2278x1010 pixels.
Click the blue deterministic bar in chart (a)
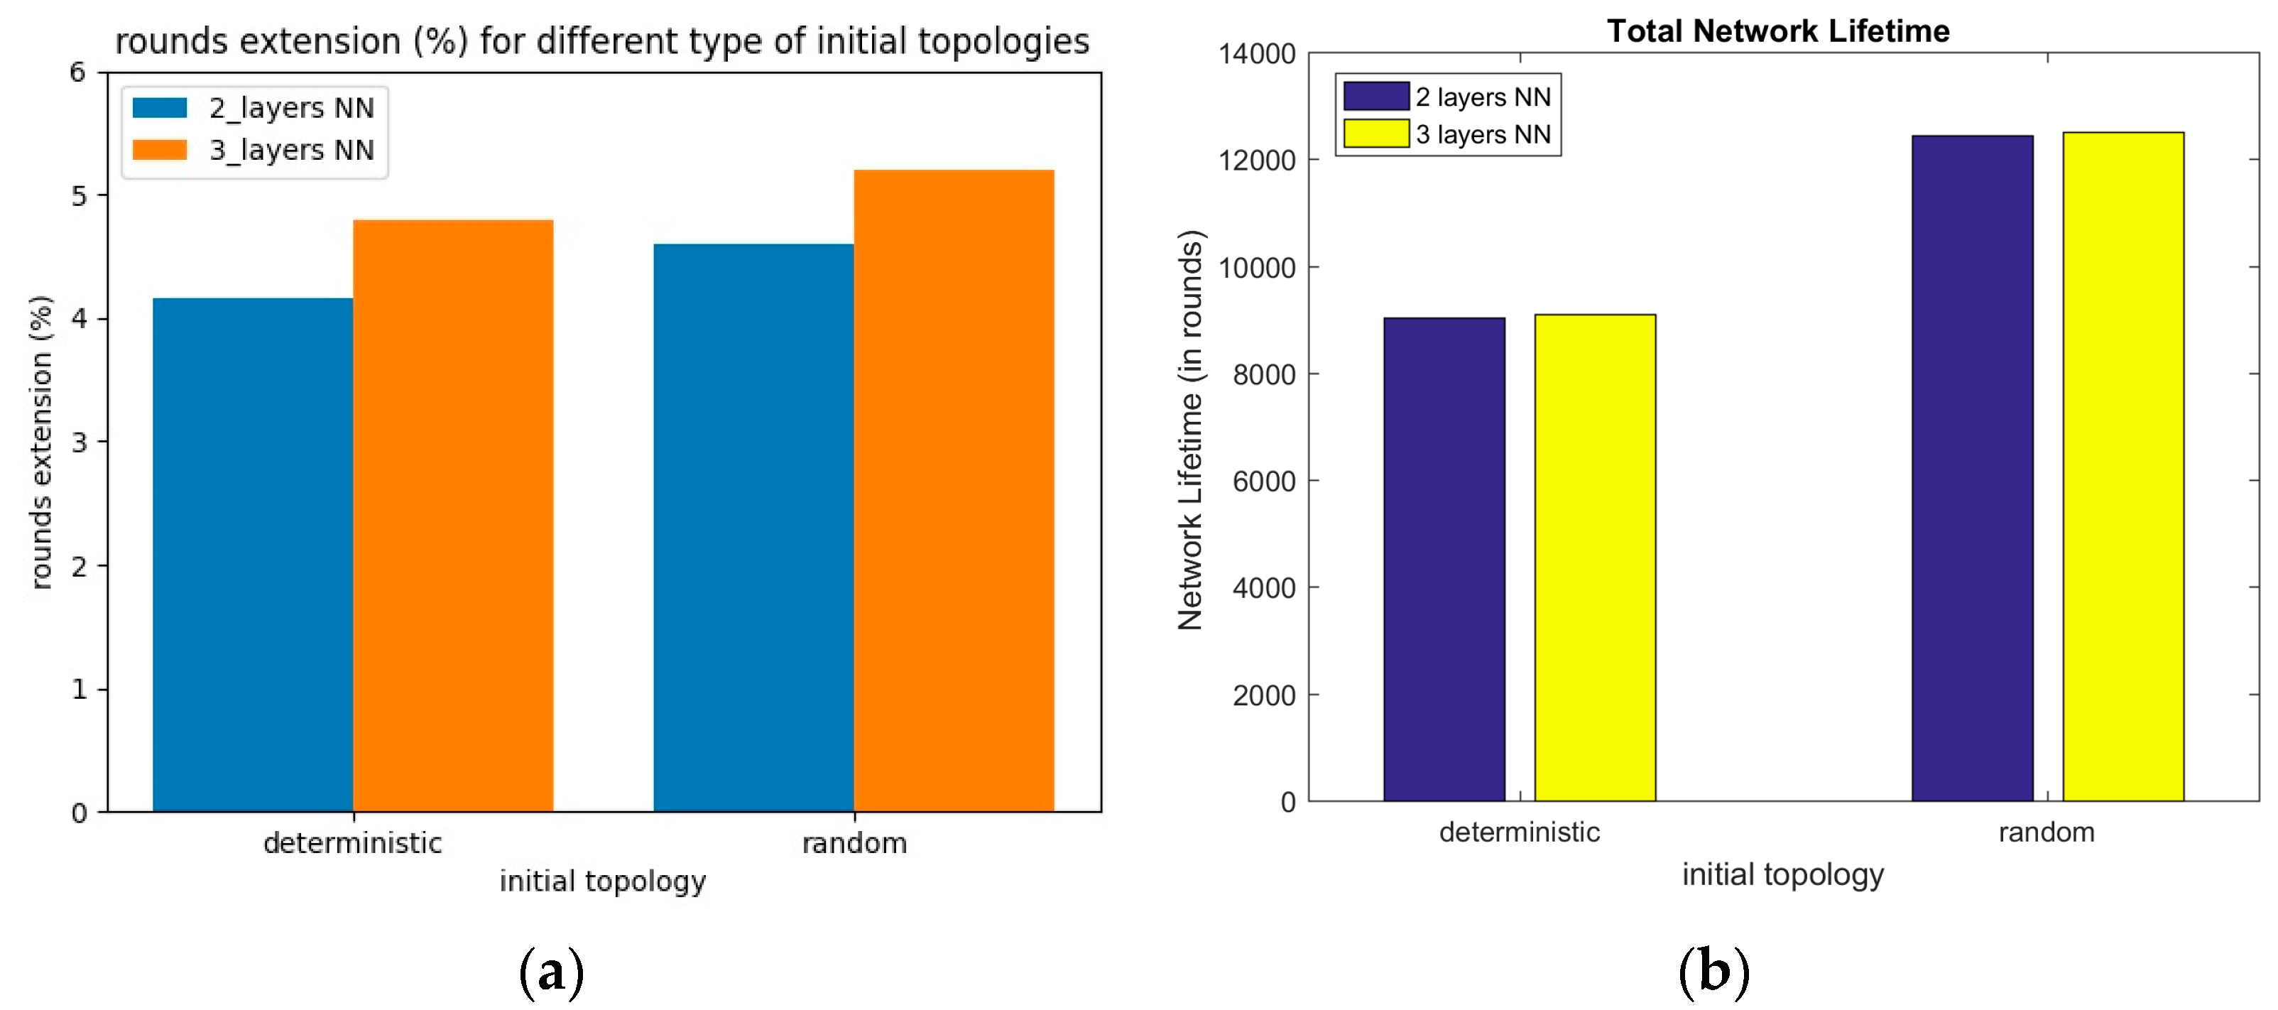coord(253,555)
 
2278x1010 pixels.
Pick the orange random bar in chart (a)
coord(953,491)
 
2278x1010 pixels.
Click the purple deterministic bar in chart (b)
coord(1444,559)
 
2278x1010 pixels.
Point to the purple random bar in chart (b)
coord(1972,468)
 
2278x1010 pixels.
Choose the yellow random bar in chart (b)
coord(2122,466)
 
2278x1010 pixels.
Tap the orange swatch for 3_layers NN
coord(160,149)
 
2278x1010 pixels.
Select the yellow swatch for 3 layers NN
coord(1375,134)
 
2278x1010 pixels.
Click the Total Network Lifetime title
coord(1777,31)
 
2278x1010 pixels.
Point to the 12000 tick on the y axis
coord(1257,161)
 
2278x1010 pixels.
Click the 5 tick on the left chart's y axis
coord(80,195)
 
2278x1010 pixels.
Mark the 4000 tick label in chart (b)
coord(1264,588)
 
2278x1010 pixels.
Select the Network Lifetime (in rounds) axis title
coord(1191,430)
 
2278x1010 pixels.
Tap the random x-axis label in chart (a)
coord(854,843)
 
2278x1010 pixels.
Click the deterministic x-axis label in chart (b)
coord(1519,832)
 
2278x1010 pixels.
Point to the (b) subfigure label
coord(1713,971)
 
